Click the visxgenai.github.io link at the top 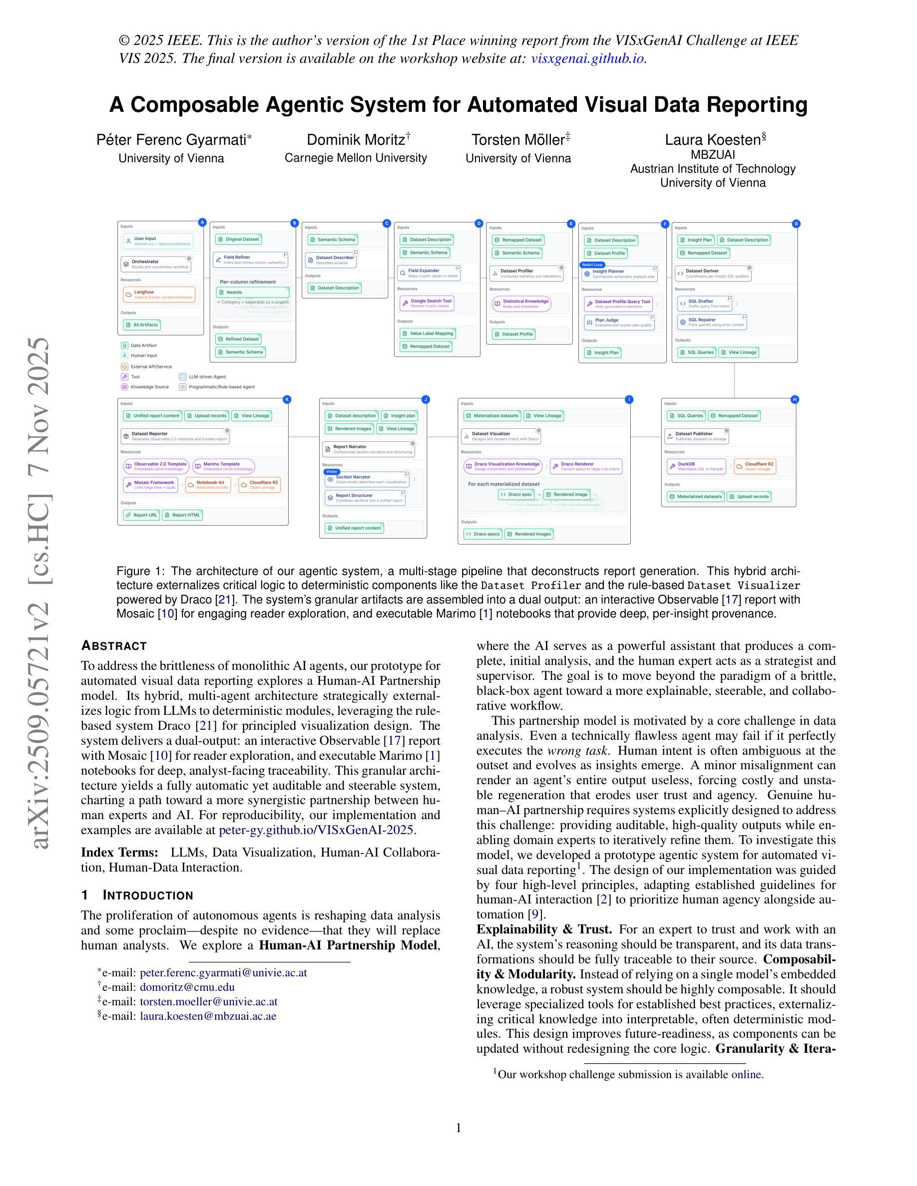pyautogui.click(x=587, y=58)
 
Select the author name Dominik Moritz pyautogui.click(x=356, y=140)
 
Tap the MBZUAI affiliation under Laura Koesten pyautogui.click(x=713, y=155)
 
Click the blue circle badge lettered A pyautogui.click(x=203, y=222)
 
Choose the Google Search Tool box pyautogui.click(x=427, y=303)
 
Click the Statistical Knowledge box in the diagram pyautogui.click(x=521, y=303)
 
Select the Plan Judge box pyautogui.click(x=619, y=322)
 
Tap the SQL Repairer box pyautogui.click(x=712, y=322)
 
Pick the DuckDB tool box pyautogui.click(x=696, y=467)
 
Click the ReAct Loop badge pyautogui.click(x=592, y=265)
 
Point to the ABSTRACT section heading pyautogui.click(x=113, y=646)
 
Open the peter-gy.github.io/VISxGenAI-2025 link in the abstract pyautogui.click(x=316, y=830)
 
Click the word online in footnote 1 pyautogui.click(x=746, y=1074)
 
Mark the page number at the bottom pyautogui.click(x=458, y=1128)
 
